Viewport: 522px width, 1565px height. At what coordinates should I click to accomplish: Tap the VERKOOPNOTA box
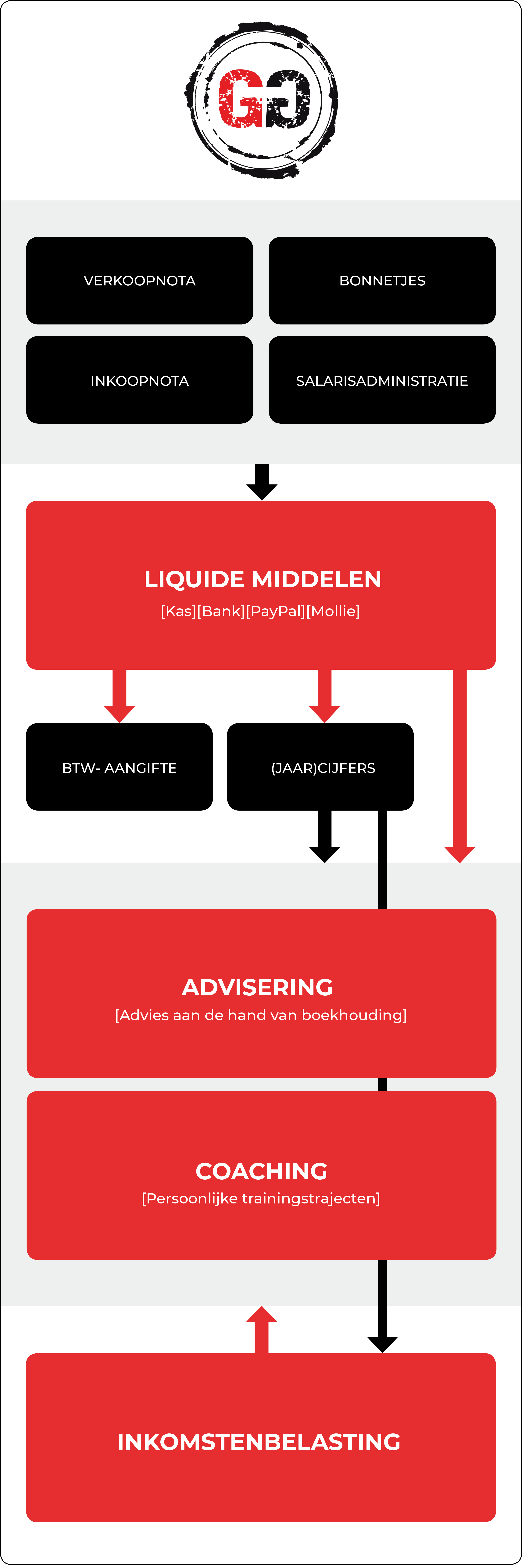(x=140, y=281)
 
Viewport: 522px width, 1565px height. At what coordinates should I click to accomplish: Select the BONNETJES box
(x=382, y=281)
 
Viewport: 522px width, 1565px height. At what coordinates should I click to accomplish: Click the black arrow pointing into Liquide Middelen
(x=262, y=482)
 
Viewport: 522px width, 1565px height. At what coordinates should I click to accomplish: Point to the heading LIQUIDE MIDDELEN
(x=263, y=579)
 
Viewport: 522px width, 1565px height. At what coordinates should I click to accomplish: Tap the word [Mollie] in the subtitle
(x=333, y=611)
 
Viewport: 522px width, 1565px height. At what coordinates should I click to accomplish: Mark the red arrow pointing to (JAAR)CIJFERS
(x=324, y=696)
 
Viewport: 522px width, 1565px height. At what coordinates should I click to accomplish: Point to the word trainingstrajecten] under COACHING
(x=311, y=1199)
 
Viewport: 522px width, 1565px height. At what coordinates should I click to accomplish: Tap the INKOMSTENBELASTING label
(x=259, y=1442)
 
